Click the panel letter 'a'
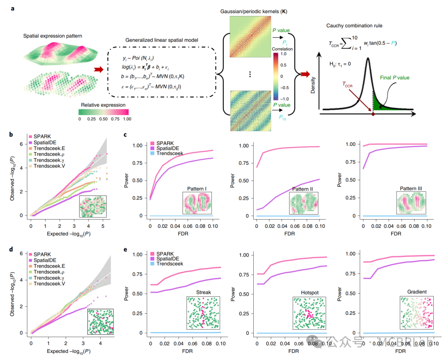click(x=13, y=8)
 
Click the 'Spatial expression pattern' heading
click(x=52, y=36)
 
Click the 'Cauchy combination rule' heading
click(x=359, y=26)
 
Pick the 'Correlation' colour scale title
click(x=282, y=49)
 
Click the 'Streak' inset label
click(x=203, y=292)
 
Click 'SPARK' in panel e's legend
click(x=164, y=253)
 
